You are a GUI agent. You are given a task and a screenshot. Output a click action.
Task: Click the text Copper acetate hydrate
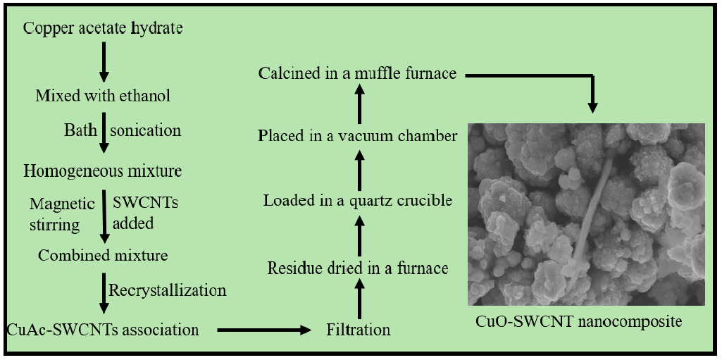(x=103, y=29)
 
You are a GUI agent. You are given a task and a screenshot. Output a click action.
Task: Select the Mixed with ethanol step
(x=103, y=95)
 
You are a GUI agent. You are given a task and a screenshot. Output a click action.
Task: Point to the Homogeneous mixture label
(x=103, y=171)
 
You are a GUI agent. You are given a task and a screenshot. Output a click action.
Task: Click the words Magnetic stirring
(x=62, y=214)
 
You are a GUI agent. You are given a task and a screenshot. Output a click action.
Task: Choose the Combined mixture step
(x=103, y=255)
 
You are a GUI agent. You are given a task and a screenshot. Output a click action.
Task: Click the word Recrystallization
(x=168, y=290)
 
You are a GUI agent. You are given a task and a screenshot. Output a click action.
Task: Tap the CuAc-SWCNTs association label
(x=103, y=329)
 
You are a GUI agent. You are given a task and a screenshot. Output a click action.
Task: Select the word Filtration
(x=359, y=329)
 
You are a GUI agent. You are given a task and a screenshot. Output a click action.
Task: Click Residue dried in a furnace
(x=358, y=268)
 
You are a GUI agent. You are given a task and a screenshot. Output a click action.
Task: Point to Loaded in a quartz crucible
(x=358, y=201)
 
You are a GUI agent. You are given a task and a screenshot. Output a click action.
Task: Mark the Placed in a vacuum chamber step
(x=358, y=135)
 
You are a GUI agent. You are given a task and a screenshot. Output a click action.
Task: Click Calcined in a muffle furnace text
(x=358, y=73)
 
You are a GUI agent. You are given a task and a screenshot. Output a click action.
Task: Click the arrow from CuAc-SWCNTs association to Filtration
(x=263, y=329)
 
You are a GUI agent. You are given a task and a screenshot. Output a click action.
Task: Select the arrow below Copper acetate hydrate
(x=104, y=62)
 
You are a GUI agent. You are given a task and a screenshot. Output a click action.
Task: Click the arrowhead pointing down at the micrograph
(x=592, y=107)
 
